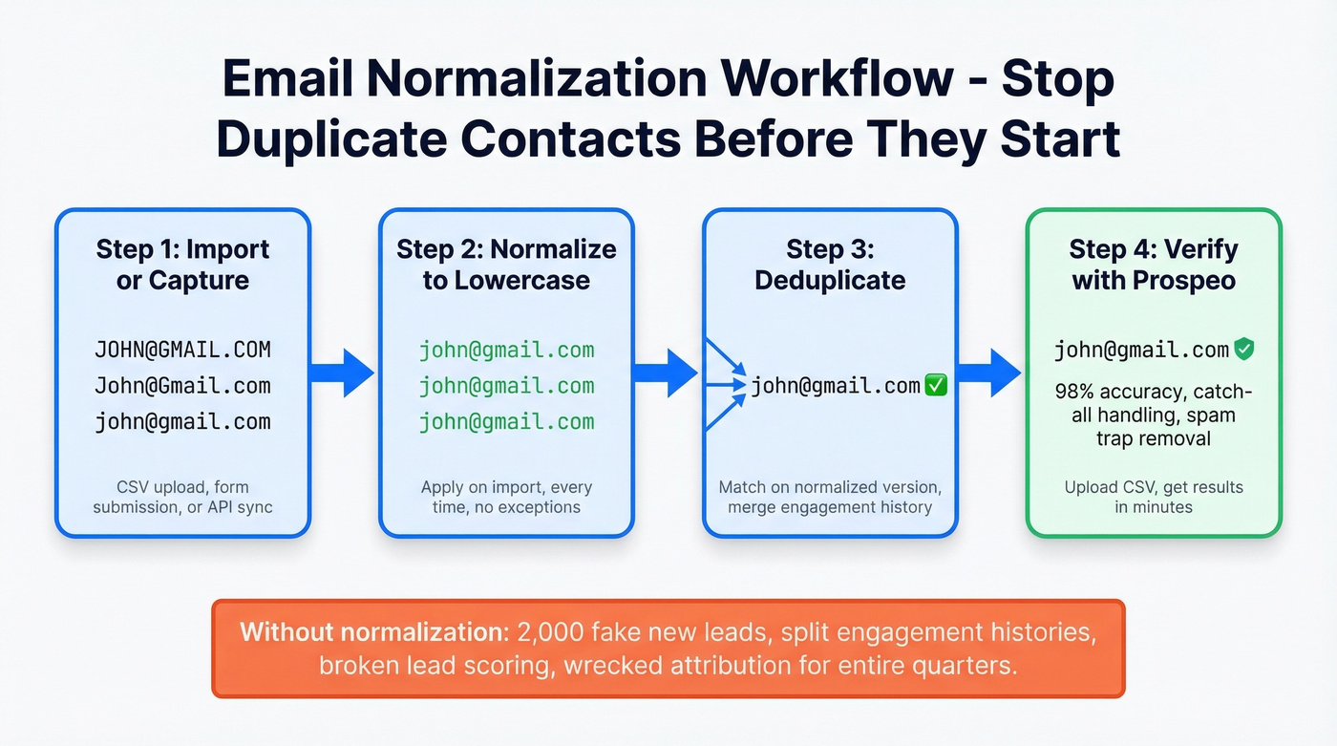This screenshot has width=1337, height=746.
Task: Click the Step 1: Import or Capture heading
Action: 182,265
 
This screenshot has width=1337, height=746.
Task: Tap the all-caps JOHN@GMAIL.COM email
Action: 182,350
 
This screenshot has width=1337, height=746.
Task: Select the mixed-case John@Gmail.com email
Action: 182,386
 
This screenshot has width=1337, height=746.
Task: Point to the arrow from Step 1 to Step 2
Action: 342,372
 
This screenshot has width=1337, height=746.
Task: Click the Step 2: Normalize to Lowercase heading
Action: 506,265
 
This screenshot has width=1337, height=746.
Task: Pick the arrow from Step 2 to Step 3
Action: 666,372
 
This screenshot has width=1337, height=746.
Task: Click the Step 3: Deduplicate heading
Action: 830,265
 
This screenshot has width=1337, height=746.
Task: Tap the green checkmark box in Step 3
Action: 936,386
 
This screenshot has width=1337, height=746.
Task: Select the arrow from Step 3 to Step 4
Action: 989,372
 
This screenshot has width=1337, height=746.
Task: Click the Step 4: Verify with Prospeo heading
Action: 1154,265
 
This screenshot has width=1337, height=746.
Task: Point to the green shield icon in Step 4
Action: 1243,350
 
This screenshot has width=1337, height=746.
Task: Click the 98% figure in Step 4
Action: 1077,392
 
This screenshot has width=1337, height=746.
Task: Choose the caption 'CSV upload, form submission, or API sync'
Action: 182,497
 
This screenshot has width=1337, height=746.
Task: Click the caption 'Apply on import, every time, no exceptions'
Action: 506,497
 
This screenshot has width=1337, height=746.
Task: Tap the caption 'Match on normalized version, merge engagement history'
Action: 830,497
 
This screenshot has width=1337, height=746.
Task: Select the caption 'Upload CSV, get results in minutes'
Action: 1154,497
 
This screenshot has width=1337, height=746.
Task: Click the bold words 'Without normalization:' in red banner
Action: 374,631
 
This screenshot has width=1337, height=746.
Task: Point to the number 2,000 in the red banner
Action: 550,631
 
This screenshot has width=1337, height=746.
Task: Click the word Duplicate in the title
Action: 329,139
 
